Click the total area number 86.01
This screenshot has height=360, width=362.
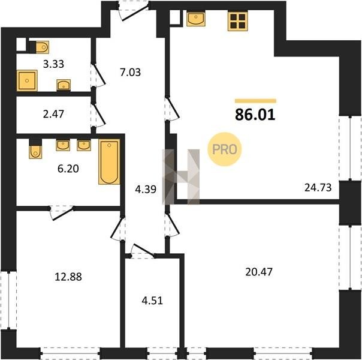click(x=255, y=115)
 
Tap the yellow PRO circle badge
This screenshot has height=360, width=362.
click(x=224, y=149)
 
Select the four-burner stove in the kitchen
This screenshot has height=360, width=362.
click(x=237, y=21)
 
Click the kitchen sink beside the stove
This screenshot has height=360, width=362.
click(x=196, y=19)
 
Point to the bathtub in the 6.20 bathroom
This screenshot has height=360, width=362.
click(x=109, y=162)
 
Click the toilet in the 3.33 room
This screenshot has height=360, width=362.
click(x=42, y=47)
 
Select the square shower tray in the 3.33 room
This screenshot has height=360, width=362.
click(x=27, y=80)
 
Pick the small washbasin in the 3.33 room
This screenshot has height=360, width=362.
click(x=64, y=85)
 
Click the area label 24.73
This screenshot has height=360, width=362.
click(x=318, y=187)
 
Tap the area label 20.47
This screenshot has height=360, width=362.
click(x=259, y=272)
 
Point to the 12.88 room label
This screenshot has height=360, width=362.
click(x=68, y=277)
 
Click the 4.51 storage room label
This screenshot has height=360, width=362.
click(x=152, y=301)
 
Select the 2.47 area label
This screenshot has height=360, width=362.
click(x=53, y=114)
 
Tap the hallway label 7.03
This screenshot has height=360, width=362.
click(x=130, y=73)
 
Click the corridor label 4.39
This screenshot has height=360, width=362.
click(x=146, y=190)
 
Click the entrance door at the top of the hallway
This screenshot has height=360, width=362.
click(x=133, y=11)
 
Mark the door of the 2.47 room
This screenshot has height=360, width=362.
click(x=98, y=115)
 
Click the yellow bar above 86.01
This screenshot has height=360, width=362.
click(x=255, y=101)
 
